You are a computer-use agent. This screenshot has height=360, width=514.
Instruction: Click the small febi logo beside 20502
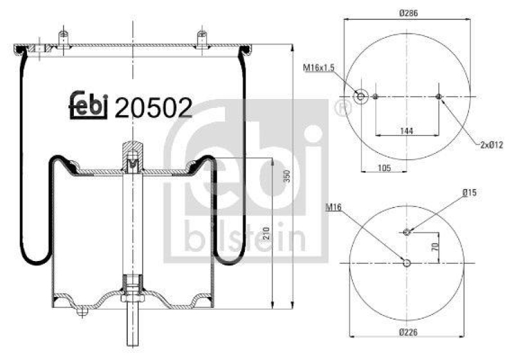pos(87,105)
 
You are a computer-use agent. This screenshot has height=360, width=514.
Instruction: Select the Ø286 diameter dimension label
pos(407,12)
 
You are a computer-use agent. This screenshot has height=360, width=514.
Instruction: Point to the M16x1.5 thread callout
pos(320,67)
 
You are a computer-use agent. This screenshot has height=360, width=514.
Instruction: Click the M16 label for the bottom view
pos(333,207)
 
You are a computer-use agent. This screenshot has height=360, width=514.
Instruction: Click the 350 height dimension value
pos(288,175)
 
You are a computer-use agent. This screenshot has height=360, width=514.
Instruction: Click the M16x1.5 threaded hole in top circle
pos(360,96)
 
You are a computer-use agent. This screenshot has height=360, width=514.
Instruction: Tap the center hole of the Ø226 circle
pos(406,263)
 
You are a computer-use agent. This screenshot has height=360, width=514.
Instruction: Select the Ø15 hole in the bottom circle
pos(406,231)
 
